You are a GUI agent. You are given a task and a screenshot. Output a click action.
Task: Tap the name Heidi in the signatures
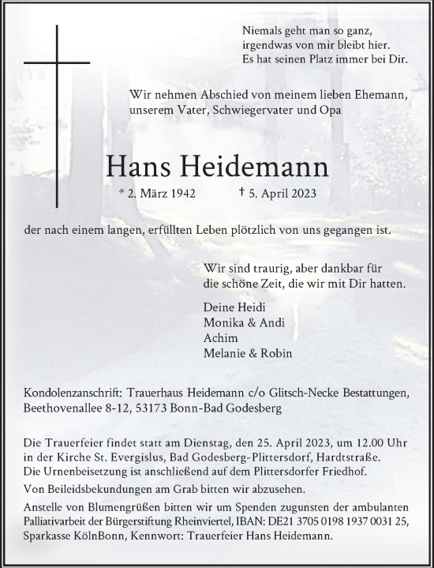tap(257, 307)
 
